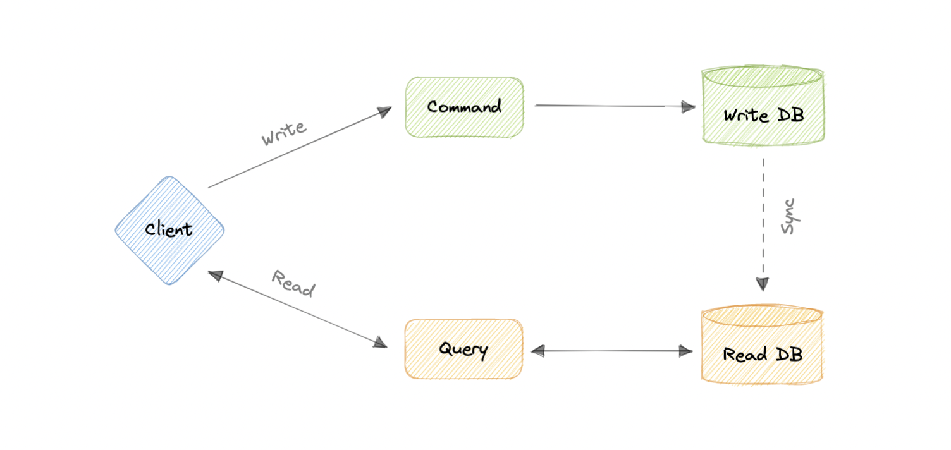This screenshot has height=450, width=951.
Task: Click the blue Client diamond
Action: tap(169, 230)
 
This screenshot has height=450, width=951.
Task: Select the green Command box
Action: tap(464, 107)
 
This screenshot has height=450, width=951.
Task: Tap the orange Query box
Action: tap(463, 349)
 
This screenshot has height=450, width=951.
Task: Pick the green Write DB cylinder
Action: tap(763, 106)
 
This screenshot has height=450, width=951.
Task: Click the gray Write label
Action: tap(284, 133)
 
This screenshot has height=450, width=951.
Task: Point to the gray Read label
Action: tap(293, 283)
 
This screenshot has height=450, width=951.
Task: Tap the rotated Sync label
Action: tap(788, 217)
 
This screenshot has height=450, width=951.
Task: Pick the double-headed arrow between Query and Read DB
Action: tap(612, 351)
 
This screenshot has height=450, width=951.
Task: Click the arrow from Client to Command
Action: tap(297, 148)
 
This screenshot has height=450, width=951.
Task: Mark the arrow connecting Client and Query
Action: tap(297, 310)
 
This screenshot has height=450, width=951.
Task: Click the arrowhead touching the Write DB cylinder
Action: tap(688, 106)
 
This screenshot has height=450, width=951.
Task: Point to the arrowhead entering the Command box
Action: tap(384, 111)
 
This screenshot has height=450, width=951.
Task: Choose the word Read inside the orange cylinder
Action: tap(744, 354)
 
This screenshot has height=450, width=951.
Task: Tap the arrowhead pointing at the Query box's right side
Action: tap(538, 351)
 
